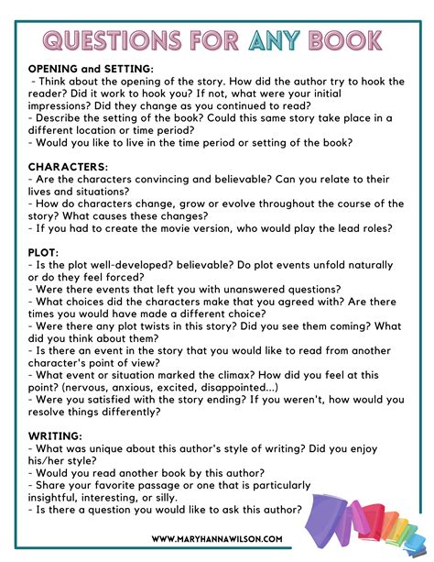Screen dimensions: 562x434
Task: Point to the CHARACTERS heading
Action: [x=68, y=166]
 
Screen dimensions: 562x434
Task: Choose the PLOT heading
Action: [x=44, y=250]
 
